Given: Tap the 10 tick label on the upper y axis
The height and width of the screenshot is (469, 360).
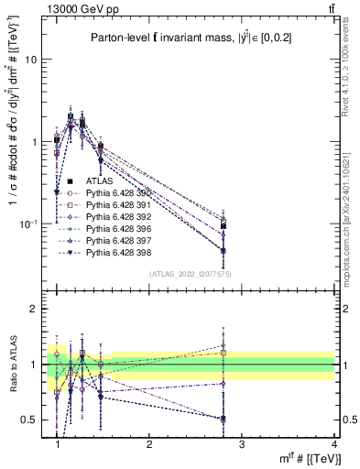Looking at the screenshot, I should (x=30, y=59).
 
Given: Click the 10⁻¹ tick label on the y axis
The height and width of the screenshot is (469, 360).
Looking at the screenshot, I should (x=28, y=224).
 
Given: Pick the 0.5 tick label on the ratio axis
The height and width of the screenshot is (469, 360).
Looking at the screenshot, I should (x=30, y=420).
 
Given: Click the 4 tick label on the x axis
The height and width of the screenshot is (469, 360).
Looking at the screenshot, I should (x=334, y=444).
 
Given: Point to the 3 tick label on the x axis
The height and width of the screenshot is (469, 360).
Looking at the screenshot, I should (x=242, y=444).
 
